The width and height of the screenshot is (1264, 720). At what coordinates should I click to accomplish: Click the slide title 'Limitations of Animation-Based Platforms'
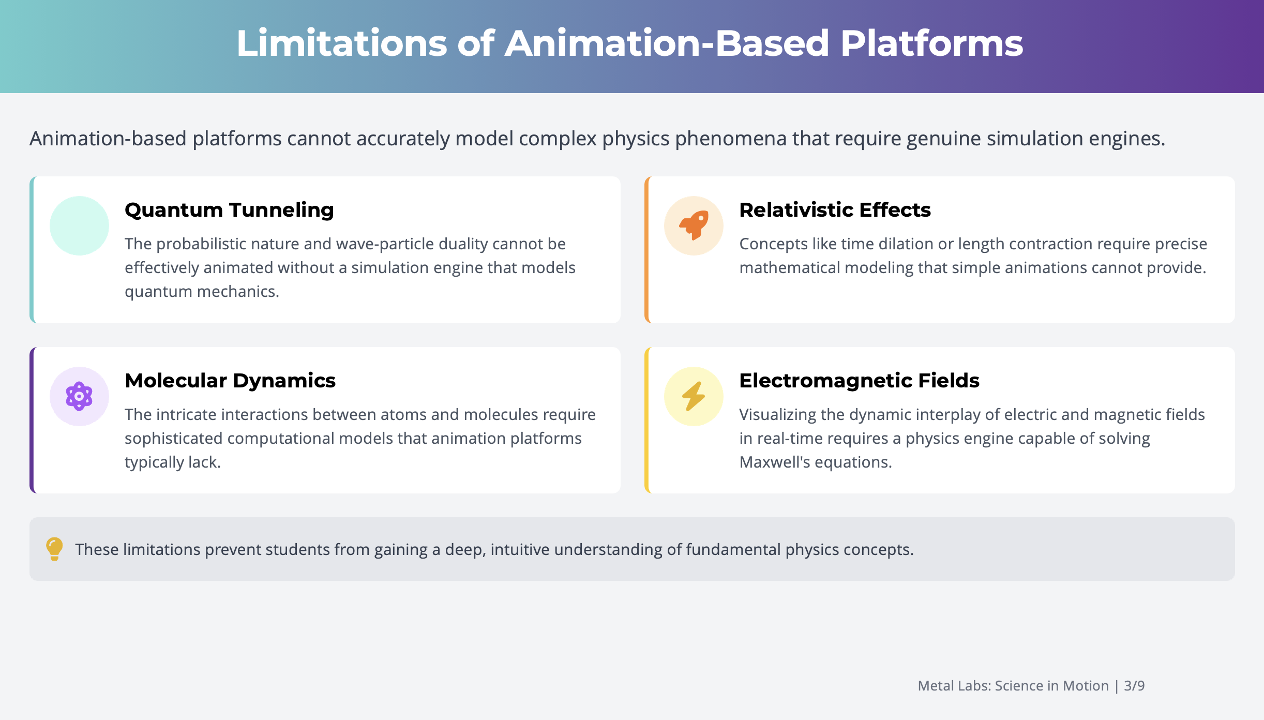click(629, 43)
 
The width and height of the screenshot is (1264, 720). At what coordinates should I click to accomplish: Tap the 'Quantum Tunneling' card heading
click(229, 210)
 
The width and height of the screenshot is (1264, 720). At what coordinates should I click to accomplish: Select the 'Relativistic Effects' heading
click(835, 210)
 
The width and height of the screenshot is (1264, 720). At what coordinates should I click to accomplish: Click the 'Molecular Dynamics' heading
click(230, 381)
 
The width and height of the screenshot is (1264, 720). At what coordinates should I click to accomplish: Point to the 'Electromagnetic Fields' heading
click(859, 381)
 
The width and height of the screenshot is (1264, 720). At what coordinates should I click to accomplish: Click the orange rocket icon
click(694, 226)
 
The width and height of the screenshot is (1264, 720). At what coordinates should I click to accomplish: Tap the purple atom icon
click(79, 396)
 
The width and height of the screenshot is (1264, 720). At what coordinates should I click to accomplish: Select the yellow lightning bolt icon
click(694, 396)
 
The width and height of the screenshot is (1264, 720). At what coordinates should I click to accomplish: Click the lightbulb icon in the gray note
click(54, 549)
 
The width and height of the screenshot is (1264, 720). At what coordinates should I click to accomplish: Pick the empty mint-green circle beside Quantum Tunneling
click(79, 226)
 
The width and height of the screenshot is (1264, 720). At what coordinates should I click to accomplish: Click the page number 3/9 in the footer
click(1134, 686)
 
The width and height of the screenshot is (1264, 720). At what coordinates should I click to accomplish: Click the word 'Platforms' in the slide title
click(931, 43)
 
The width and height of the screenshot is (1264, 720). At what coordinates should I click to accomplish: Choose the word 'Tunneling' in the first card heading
click(281, 210)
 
